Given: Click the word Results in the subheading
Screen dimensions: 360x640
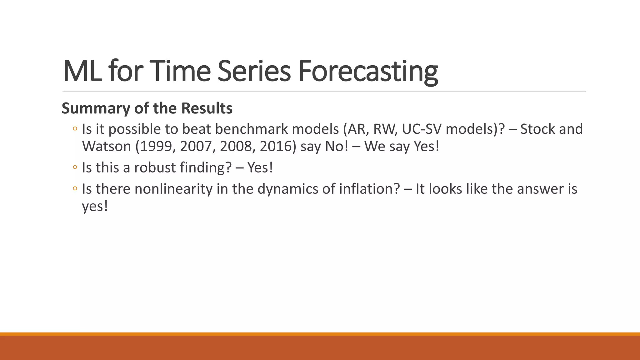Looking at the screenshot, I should (207, 108).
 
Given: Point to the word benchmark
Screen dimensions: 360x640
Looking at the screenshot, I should (251, 129).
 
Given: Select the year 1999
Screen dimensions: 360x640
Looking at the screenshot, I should (158, 146).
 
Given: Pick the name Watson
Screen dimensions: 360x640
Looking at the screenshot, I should (106, 146).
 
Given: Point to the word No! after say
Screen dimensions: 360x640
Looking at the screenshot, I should (337, 146).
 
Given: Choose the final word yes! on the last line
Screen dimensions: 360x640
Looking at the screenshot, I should (95, 206).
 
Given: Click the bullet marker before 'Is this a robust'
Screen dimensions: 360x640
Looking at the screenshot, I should (75, 167).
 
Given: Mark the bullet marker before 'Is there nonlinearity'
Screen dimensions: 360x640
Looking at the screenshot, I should (75, 189).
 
